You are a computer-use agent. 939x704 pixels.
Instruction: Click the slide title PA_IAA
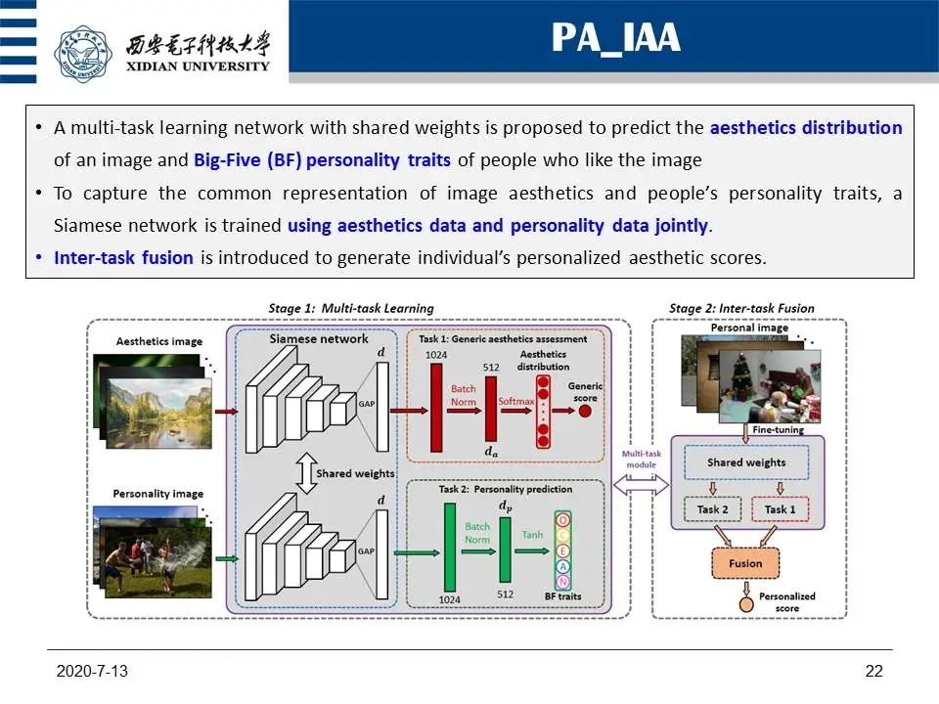point(614,37)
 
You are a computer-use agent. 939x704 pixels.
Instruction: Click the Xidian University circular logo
point(84,55)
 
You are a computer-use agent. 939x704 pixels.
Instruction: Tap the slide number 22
point(873,671)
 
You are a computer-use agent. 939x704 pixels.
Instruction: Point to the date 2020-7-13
point(93,671)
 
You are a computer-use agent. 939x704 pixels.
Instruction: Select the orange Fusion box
point(746,563)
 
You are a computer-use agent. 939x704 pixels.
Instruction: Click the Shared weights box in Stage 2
point(746,462)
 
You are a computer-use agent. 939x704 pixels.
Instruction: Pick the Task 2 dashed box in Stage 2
point(713,509)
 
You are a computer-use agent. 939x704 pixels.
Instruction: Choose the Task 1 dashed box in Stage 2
point(780,509)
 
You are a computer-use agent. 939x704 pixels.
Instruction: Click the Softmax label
point(516,401)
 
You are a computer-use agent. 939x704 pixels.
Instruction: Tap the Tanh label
point(531,535)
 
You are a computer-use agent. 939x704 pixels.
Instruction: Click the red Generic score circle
point(586,411)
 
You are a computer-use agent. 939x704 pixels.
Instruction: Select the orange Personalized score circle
point(746,604)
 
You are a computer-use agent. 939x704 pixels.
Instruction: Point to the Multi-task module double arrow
point(641,484)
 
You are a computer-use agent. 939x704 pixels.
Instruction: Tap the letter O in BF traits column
point(562,519)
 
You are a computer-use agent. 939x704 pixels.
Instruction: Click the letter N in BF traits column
point(562,582)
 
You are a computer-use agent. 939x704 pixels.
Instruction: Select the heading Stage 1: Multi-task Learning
point(350,308)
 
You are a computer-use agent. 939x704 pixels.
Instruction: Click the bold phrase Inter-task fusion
point(123,258)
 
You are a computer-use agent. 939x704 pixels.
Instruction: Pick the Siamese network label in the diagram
point(319,338)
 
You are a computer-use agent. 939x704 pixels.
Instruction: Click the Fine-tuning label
point(778,429)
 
